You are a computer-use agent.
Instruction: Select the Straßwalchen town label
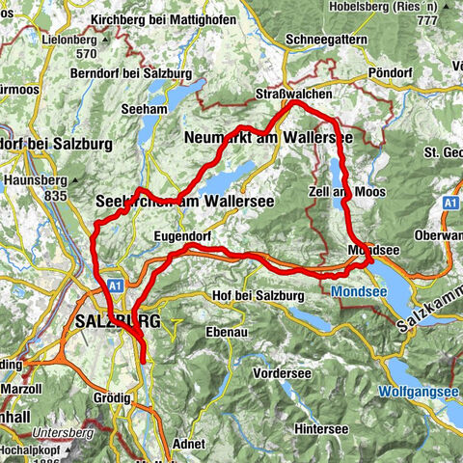point(294,94)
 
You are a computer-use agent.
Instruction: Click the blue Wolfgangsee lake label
point(418,393)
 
